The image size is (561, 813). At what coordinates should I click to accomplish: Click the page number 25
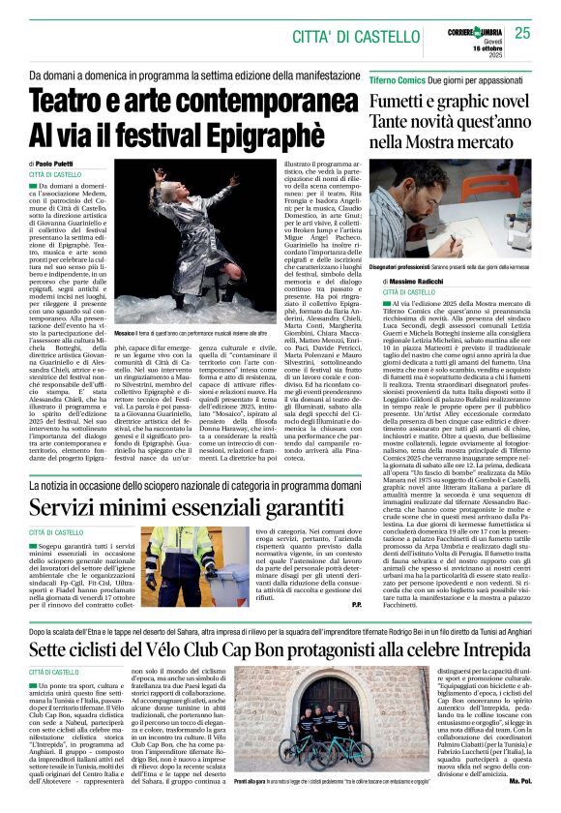523,34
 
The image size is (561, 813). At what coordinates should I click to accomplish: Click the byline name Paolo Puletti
59,165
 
